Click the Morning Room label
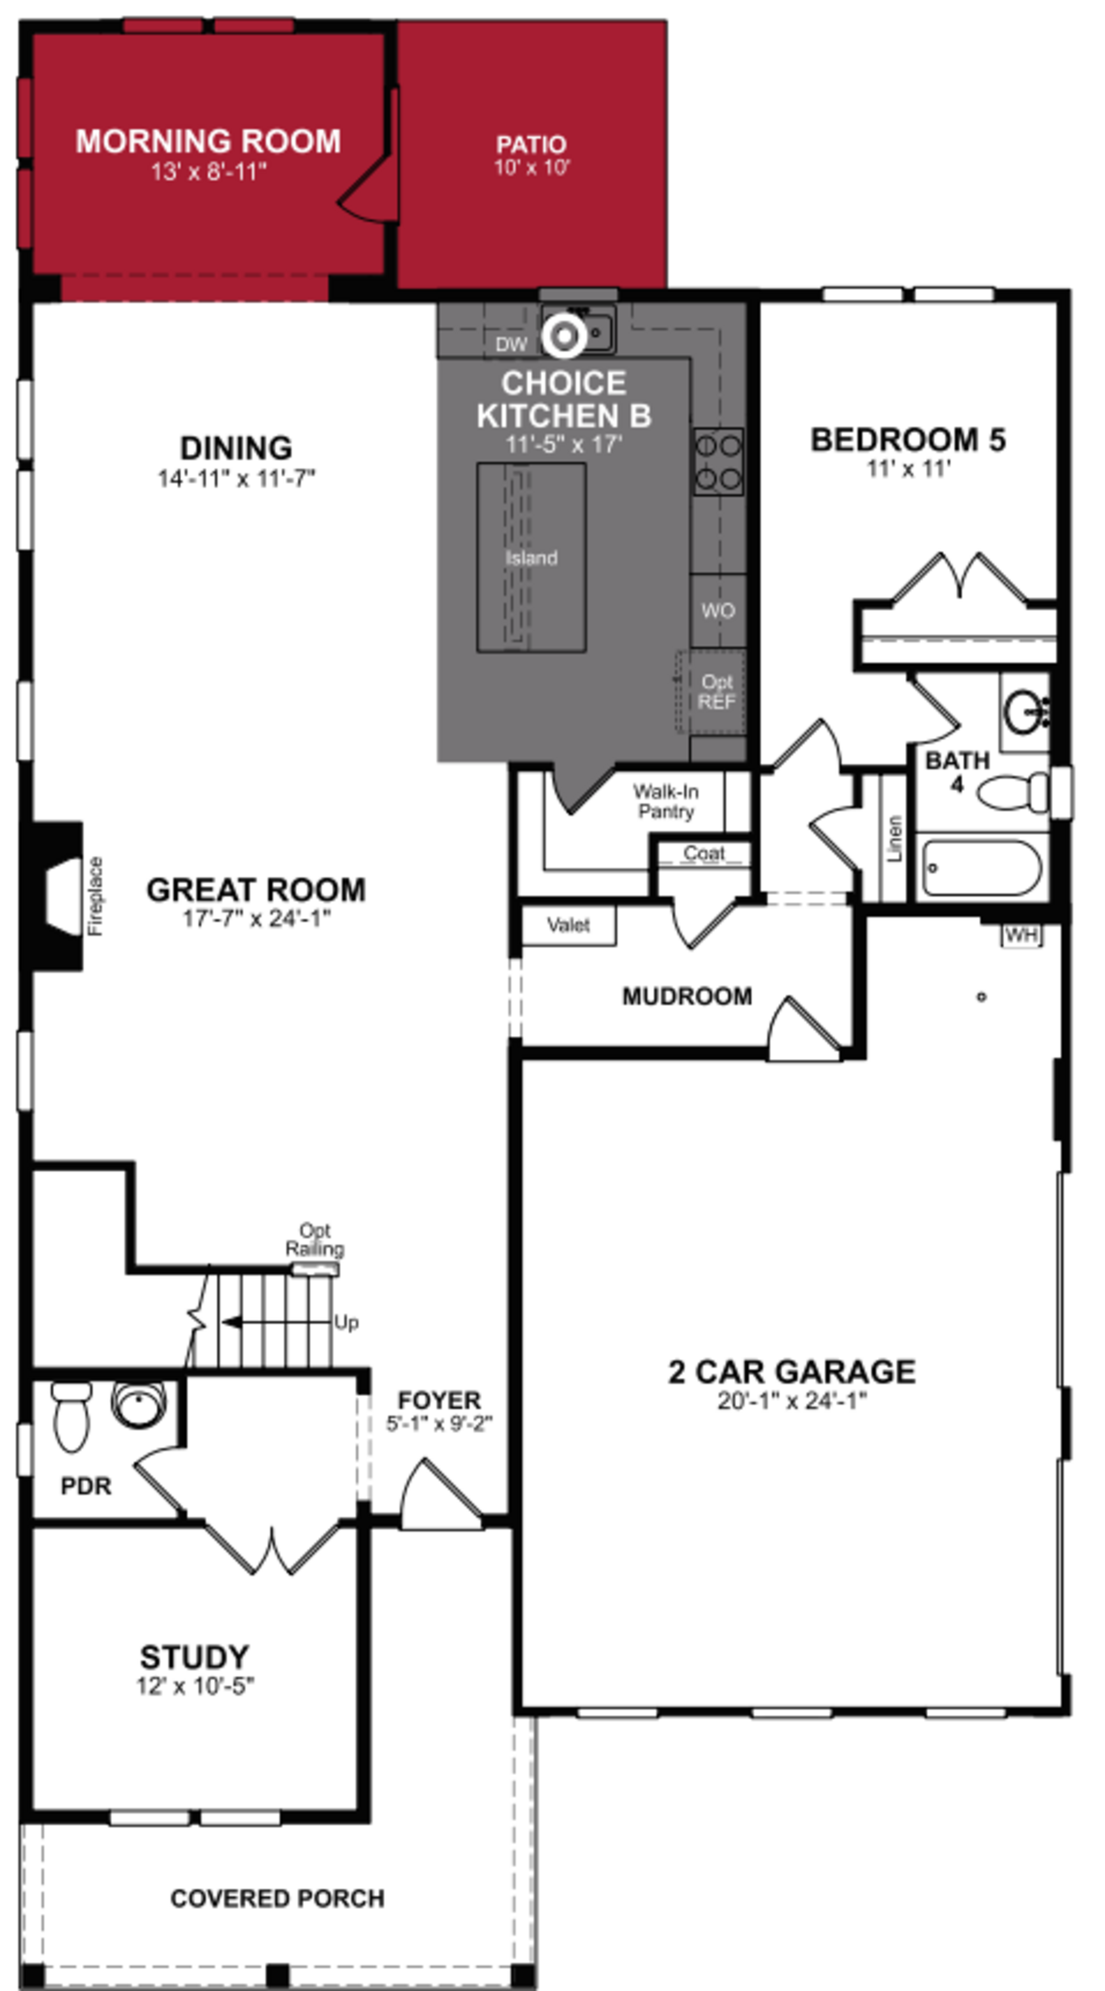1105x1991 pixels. tap(208, 141)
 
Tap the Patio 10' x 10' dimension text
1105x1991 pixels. tap(531, 168)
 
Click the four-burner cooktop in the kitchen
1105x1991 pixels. tap(718, 462)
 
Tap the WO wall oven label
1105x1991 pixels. tap(718, 610)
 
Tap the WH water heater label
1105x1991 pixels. tap(1021, 935)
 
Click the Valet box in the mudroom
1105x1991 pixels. tap(568, 925)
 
